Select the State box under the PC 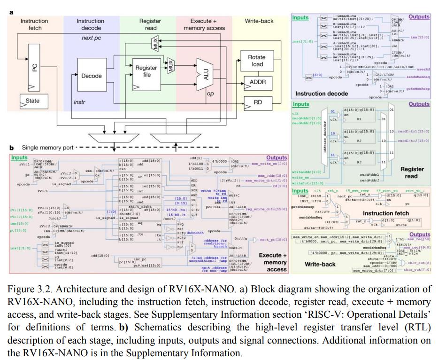33,101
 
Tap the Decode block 92,76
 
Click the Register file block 146,71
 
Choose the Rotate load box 256,61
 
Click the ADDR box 258,82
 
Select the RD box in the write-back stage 258,102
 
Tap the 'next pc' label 92,38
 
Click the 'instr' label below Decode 80,102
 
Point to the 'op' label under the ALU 210,94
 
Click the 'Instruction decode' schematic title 322,94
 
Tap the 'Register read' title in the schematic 412,172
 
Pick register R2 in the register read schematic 358,141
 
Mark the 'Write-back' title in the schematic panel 320,264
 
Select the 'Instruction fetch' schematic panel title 385,213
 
